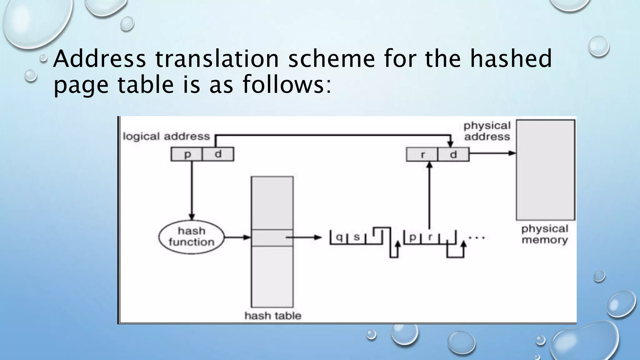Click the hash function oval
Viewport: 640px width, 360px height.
point(192,237)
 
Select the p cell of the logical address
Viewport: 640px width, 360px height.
point(187,154)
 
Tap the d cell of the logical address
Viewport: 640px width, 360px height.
point(218,154)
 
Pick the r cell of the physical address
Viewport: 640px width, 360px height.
point(422,154)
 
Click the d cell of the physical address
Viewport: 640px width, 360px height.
point(453,154)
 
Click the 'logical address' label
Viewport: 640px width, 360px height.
point(166,137)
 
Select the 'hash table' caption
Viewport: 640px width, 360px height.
point(273,316)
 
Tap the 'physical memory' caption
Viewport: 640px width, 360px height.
point(545,234)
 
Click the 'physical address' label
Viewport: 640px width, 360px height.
point(487,131)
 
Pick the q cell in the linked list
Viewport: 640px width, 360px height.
point(339,237)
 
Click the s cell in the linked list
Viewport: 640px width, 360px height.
point(357,237)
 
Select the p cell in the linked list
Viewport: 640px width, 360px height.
point(412,237)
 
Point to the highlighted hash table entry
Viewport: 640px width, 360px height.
point(272,238)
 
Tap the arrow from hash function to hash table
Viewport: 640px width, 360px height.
point(237,237)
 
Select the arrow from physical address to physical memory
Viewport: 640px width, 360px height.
point(492,153)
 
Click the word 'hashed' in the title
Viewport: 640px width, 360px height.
point(511,59)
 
